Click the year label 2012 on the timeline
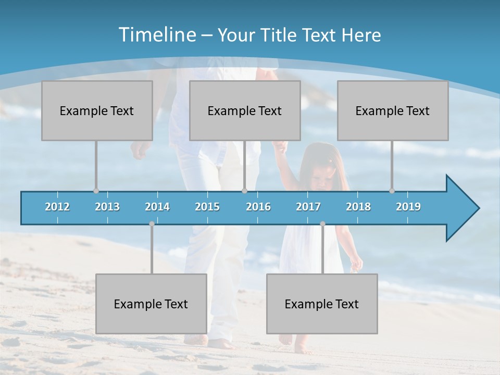[57, 207]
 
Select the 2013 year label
[107, 207]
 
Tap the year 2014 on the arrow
[157, 207]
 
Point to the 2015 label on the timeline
[207, 207]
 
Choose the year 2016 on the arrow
[258, 207]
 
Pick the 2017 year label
[308, 207]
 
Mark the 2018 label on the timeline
[358, 207]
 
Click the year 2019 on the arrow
[408, 207]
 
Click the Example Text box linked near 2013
[97, 110]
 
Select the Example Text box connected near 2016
[245, 110]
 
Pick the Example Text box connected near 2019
[393, 110]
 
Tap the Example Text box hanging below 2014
[151, 304]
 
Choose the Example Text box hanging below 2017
[322, 304]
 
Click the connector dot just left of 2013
[96, 191]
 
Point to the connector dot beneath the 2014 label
[152, 224]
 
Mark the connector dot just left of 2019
[392, 191]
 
